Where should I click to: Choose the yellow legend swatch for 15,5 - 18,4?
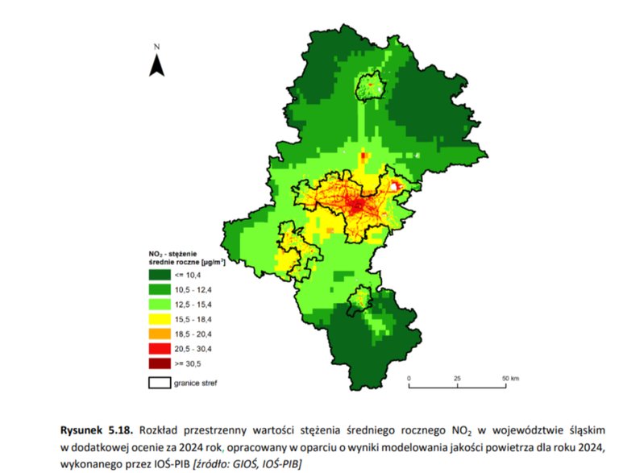click(x=160, y=317)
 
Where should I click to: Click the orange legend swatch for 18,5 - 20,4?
click(x=160, y=333)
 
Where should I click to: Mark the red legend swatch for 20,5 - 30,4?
click(x=160, y=348)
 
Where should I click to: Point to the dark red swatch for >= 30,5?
click(x=160, y=363)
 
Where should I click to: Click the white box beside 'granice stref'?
click(x=160, y=382)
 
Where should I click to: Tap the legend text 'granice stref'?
click(x=196, y=382)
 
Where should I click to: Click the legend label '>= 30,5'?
click(x=188, y=363)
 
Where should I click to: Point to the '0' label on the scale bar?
click(x=409, y=377)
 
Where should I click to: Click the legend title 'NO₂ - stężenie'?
click(x=173, y=253)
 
